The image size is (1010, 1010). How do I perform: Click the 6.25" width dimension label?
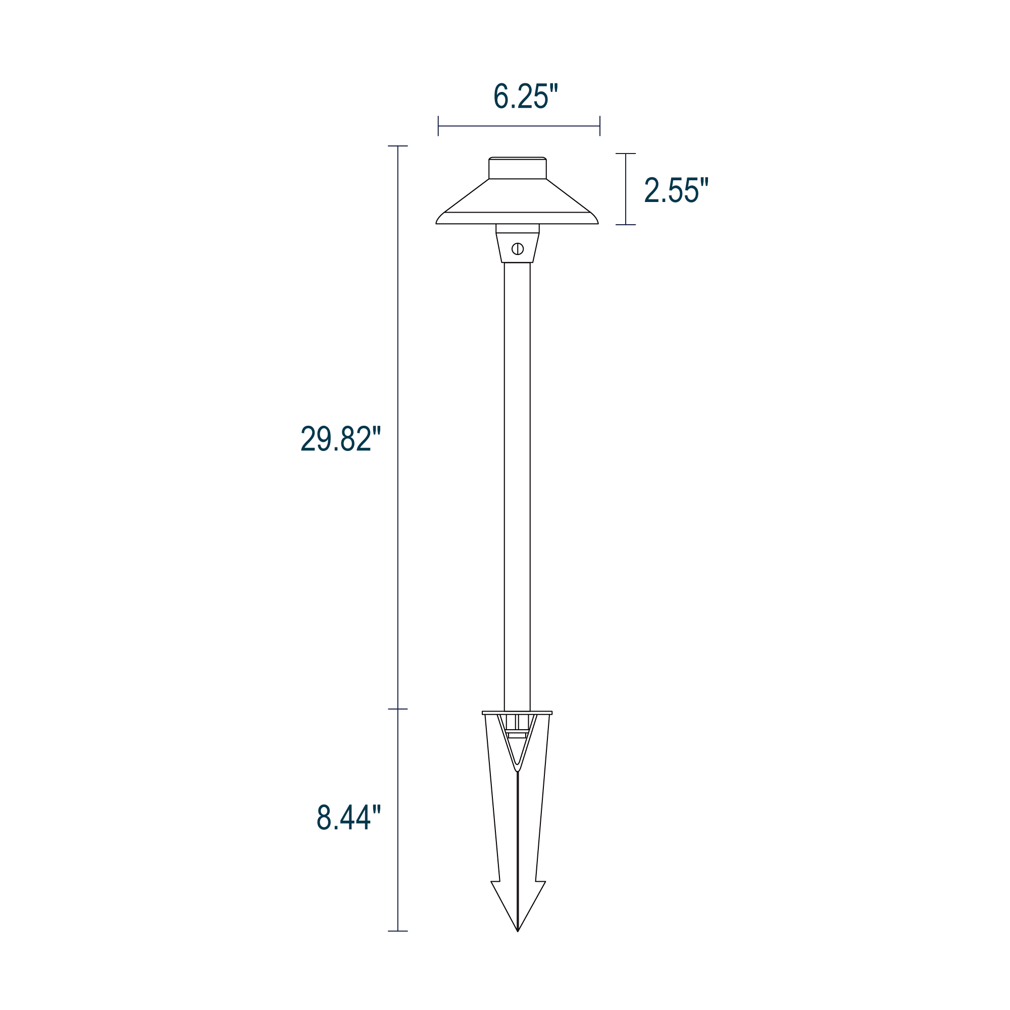526,95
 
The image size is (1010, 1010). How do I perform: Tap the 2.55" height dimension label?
677,190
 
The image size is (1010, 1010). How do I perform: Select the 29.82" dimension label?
341,438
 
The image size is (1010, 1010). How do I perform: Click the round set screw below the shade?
518,249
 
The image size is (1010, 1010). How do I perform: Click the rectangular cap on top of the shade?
518,168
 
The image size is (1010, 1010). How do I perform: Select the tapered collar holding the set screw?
518,247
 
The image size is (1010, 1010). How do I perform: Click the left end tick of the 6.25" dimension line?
438,126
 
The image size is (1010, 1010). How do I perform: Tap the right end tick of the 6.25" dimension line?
600,126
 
